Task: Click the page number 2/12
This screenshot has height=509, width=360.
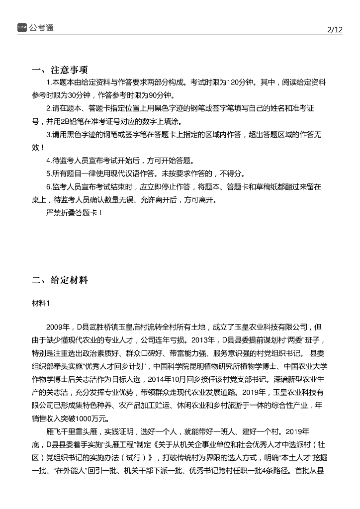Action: click(x=335, y=29)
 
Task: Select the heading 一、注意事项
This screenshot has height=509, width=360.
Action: click(x=60, y=70)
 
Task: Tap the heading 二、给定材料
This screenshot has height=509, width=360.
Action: click(x=60, y=280)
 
